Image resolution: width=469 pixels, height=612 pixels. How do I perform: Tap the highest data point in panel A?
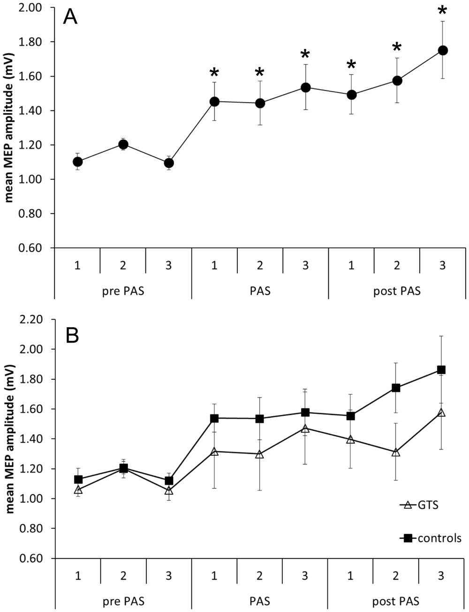click(442, 51)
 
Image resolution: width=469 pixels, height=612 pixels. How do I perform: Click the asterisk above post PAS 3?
click(442, 11)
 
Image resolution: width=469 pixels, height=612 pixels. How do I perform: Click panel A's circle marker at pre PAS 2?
click(123, 145)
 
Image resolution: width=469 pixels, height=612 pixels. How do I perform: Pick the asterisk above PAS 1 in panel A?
click(214, 73)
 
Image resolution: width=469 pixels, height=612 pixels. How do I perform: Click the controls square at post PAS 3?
click(441, 370)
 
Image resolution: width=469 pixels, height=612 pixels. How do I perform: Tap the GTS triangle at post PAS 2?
click(396, 452)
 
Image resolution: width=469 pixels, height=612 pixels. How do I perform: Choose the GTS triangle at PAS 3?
click(305, 428)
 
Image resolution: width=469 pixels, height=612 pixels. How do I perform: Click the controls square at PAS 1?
click(214, 418)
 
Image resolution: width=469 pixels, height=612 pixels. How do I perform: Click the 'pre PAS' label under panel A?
click(123, 291)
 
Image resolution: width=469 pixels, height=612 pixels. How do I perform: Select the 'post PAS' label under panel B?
click(396, 601)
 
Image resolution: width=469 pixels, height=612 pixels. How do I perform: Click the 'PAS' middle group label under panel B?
click(260, 601)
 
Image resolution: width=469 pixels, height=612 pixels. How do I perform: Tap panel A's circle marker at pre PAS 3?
click(169, 163)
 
